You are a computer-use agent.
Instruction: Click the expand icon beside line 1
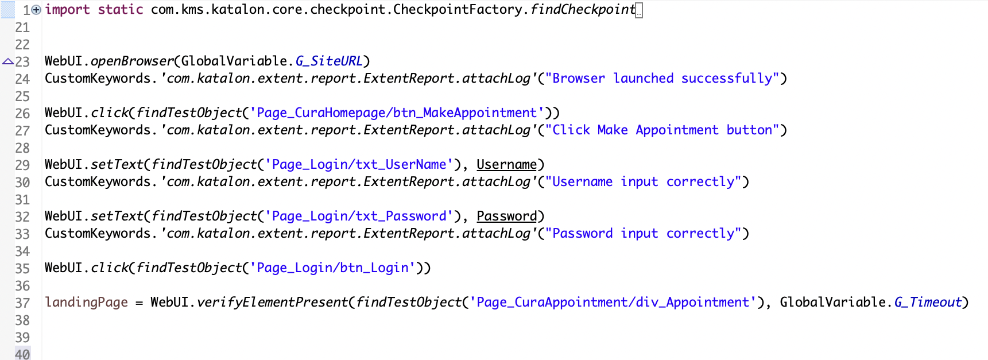tap(36, 10)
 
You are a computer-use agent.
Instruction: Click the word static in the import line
tap(120, 10)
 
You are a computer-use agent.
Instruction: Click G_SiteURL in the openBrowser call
tap(329, 61)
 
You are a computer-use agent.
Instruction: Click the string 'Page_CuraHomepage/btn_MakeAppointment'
tap(397, 113)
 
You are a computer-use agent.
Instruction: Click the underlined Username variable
tap(506, 165)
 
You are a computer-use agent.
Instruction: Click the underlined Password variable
tap(506, 216)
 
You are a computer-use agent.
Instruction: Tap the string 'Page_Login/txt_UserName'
tap(359, 165)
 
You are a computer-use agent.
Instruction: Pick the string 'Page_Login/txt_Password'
tap(359, 216)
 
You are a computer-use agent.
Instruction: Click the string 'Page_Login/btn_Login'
tap(332, 268)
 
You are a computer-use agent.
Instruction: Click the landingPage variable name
tap(86, 303)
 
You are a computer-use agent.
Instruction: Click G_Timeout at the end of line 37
tap(928, 303)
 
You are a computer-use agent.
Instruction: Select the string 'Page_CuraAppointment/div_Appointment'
tap(613, 303)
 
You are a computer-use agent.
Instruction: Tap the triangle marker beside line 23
tap(7, 61)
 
